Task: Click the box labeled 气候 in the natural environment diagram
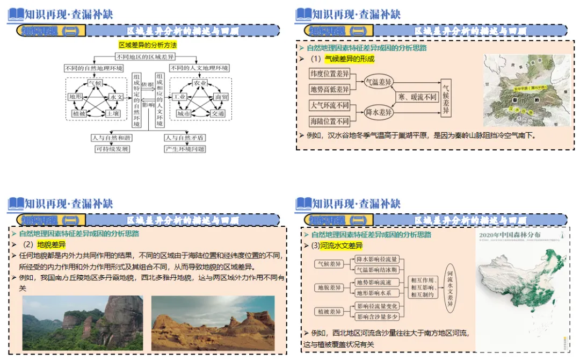click(x=95, y=84)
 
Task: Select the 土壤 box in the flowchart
click(x=112, y=114)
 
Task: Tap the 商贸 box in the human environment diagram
click(x=221, y=97)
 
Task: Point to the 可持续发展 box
click(x=112, y=149)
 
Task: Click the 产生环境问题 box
click(x=185, y=149)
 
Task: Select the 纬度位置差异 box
click(x=330, y=73)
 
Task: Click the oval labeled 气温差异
click(x=379, y=82)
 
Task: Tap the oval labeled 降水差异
click(x=379, y=112)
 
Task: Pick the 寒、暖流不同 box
click(x=417, y=97)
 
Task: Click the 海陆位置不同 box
click(x=330, y=121)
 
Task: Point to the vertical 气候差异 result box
click(x=446, y=97)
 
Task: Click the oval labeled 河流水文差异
click(x=450, y=287)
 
